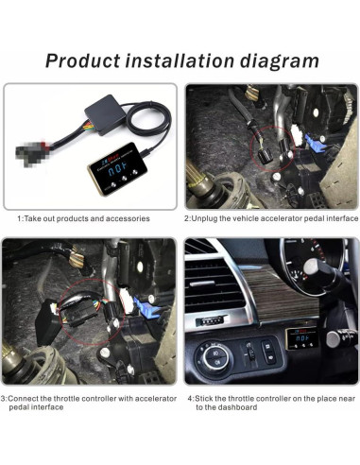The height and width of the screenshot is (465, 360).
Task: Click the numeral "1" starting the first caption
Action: point(21,217)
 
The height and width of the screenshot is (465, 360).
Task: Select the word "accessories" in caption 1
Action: point(127,217)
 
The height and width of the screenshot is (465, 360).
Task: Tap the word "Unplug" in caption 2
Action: point(211,217)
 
